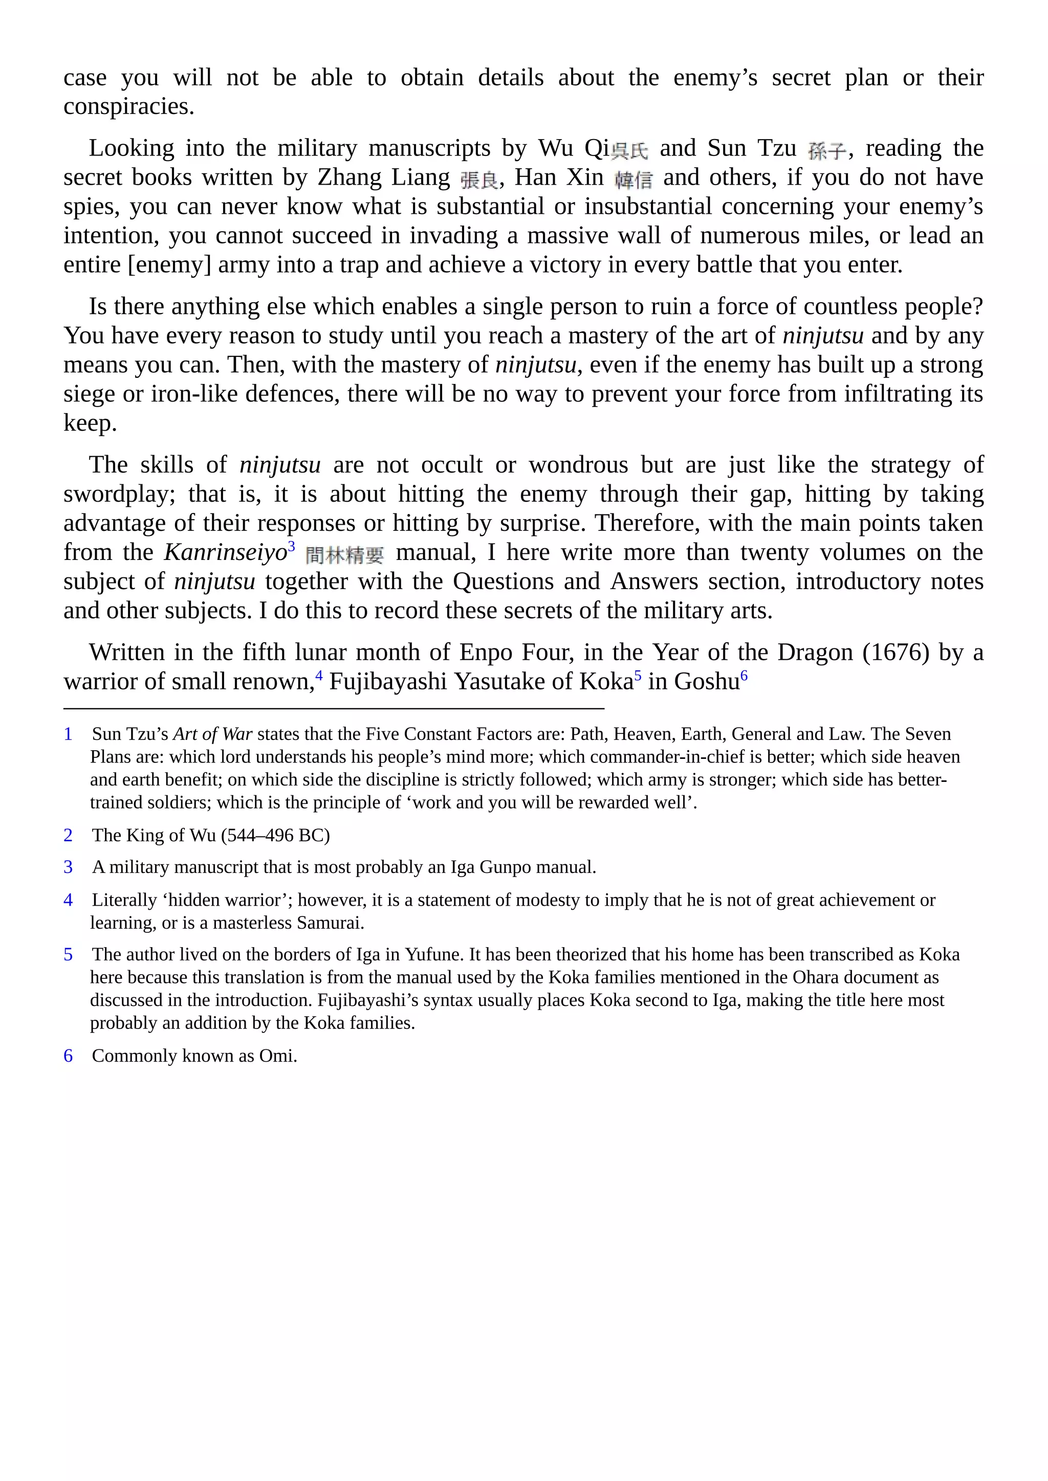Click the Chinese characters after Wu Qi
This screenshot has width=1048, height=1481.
(629, 151)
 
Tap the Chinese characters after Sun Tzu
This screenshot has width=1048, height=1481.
(826, 151)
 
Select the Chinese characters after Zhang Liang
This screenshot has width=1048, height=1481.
(479, 180)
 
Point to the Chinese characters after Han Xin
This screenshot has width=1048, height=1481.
(633, 180)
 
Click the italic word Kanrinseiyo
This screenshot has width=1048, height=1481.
(225, 553)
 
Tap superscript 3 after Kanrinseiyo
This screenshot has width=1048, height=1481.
(292, 546)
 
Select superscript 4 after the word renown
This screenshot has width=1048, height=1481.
(319, 676)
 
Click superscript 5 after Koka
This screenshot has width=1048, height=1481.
(638, 676)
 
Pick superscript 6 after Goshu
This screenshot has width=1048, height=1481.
(744, 676)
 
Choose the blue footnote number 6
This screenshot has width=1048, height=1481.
(68, 1056)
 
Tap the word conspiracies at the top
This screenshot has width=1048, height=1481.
(128, 106)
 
